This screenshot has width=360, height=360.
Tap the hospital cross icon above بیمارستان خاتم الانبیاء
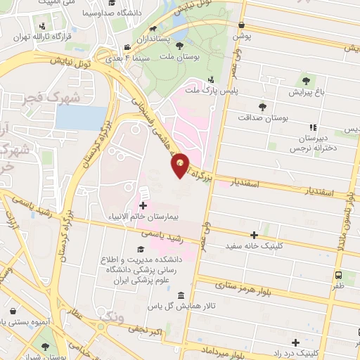pyautogui.click(x=143, y=206)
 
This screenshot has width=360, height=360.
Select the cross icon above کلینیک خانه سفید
pyautogui.click(x=255, y=236)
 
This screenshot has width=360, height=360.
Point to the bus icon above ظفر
pyautogui.click(x=339, y=276)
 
